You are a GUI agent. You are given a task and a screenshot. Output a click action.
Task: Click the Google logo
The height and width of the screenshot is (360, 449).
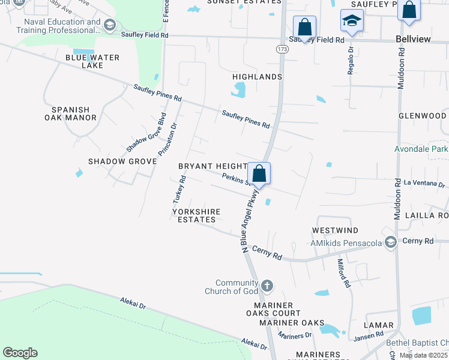[20, 353]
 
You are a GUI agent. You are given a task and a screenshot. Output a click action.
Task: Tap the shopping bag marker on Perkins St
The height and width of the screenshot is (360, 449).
[259, 173]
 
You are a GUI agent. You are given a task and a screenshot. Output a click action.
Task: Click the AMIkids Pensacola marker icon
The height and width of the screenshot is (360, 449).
[391, 242]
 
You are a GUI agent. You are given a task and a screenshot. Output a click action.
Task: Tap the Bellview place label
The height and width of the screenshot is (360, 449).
[414, 38]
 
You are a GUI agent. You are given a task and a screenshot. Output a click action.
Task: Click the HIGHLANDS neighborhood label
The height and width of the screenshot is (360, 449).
[258, 77]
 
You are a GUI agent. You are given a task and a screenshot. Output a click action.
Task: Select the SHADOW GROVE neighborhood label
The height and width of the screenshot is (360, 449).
[115, 161]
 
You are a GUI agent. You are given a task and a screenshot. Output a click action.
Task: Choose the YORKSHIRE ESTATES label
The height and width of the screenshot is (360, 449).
[196, 215]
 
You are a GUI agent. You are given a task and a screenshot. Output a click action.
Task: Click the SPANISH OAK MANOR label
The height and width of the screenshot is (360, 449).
[70, 113]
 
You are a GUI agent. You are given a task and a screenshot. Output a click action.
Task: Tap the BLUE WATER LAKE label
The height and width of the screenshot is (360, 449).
[92, 61]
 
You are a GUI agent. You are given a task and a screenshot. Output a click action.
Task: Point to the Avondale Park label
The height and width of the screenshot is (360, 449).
[421, 148]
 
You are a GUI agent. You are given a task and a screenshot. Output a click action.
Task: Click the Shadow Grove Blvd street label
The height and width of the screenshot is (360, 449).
[145, 133]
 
